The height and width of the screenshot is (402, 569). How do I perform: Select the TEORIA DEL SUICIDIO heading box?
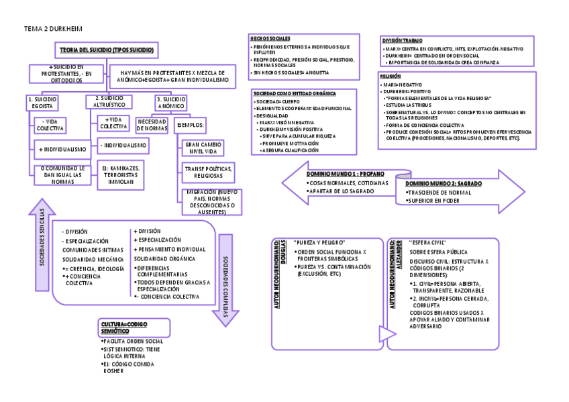(x=107, y=50)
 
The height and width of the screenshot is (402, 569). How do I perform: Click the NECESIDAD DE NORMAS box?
(x=152, y=125)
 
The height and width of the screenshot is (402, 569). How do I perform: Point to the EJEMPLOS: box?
(x=191, y=125)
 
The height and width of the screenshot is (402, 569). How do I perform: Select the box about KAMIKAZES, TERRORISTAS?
(x=121, y=173)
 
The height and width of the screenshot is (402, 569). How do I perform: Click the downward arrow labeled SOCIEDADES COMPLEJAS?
(x=225, y=280)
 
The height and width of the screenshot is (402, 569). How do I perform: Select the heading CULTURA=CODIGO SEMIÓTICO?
(x=123, y=328)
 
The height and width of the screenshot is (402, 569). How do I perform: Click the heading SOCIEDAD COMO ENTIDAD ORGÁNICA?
(x=295, y=93)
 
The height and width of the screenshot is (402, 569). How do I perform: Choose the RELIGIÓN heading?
(x=391, y=77)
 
